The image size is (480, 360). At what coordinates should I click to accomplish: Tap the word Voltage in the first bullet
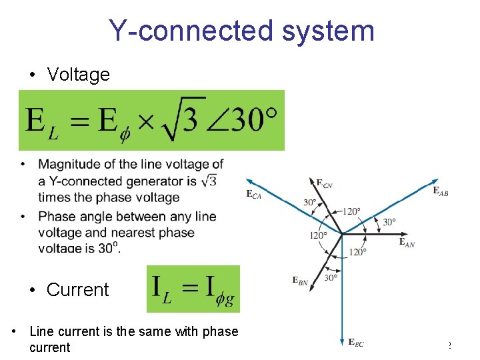tap(78, 75)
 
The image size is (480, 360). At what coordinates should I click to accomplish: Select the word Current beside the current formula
tap(77, 290)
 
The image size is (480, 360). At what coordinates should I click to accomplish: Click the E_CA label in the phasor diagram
tap(253, 194)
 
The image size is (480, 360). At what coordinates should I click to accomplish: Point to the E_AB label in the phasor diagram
tap(441, 191)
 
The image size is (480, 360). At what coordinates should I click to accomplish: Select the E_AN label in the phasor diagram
tap(407, 243)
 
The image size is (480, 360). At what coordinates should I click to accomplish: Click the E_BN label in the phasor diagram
tap(300, 281)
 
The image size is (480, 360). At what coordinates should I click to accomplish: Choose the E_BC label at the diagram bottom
tap(356, 343)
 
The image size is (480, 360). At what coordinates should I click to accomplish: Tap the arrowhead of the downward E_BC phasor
tap(341, 339)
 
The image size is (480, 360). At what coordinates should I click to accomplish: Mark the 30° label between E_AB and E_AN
tap(389, 222)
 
